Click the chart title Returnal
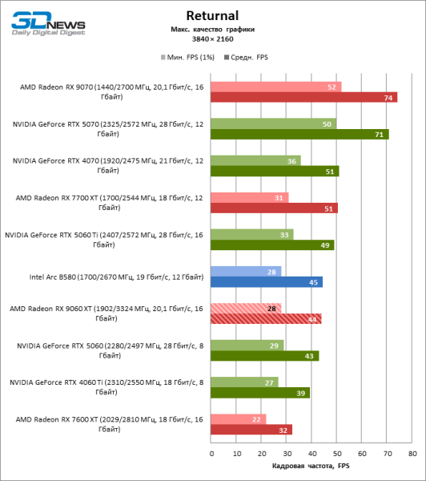click(x=212, y=14)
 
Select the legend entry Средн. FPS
click(x=249, y=58)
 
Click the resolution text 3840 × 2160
click(x=212, y=38)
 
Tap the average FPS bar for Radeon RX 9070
click(x=303, y=98)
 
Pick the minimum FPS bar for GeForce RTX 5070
click(x=273, y=123)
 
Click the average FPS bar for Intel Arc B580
click(x=267, y=281)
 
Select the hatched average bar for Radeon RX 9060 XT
click(x=266, y=318)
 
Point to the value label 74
click(x=389, y=98)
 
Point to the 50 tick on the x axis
click(x=337, y=453)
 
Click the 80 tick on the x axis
click(x=412, y=453)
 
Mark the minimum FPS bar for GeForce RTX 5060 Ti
click(x=251, y=234)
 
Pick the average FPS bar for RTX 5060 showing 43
click(x=264, y=355)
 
